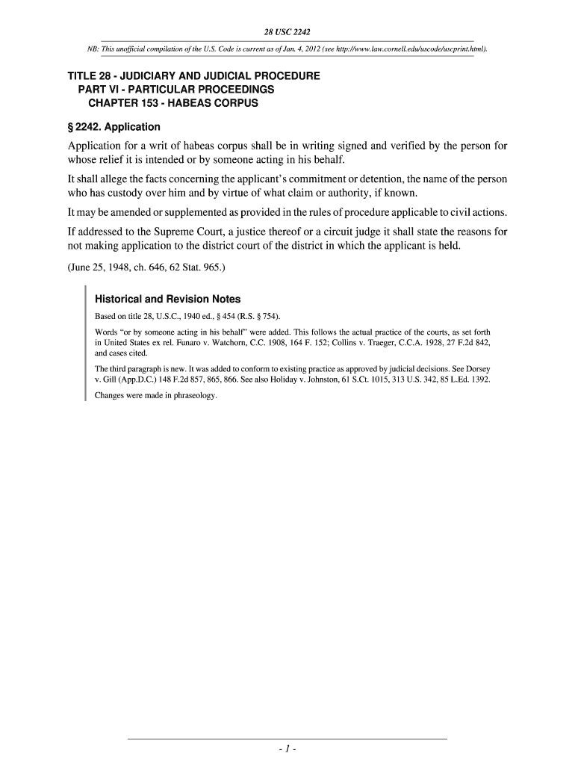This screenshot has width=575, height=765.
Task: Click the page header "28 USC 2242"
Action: (x=287, y=32)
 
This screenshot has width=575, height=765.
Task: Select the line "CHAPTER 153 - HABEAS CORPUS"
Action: (x=173, y=102)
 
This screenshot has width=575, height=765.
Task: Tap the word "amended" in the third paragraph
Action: (x=133, y=213)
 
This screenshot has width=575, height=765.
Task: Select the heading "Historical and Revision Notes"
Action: (x=167, y=299)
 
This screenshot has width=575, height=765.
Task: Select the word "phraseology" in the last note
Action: (x=192, y=397)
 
